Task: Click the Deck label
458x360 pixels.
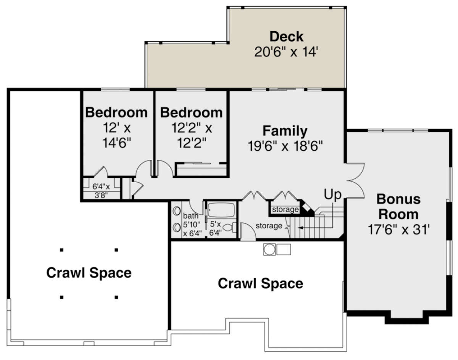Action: [x=286, y=37]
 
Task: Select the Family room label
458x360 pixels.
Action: [x=285, y=131]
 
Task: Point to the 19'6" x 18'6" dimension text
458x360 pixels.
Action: [x=285, y=146]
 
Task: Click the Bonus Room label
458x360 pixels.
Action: [x=398, y=206]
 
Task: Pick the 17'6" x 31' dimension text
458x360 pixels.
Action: [x=398, y=230]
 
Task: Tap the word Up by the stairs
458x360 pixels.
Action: [x=332, y=195]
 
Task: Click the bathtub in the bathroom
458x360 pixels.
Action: [x=221, y=210]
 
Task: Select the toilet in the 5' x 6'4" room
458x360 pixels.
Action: [x=229, y=228]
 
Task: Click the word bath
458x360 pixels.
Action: [x=191, y=216]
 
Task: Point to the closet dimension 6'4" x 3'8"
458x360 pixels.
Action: [x=101, y=191]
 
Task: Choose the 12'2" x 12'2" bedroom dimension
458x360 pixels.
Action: [x=192, y=135]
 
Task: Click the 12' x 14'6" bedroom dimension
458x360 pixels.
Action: [x=117, y=135]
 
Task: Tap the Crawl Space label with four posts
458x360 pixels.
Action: [x=89, y=273]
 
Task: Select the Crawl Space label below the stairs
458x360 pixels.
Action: [x=261, y=283]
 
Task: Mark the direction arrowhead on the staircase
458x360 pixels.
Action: [x=300, y=228]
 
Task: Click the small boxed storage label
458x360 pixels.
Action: [x=285, y=209]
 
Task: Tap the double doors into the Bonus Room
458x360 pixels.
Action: [x=355, y=181]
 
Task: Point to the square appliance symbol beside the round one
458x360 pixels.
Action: [x=284, y=249]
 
